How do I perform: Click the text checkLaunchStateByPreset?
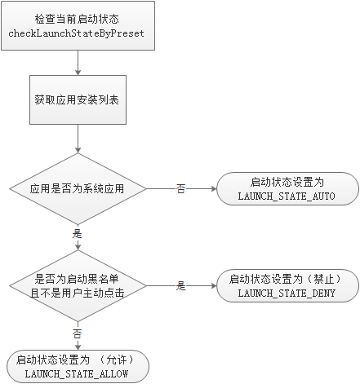coord(78,32)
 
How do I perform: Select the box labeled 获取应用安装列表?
coord(78,100)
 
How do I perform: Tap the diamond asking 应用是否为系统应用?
coord(78,188)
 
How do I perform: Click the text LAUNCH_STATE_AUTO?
coord(287,197)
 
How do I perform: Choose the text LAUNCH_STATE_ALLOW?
coord(78,373)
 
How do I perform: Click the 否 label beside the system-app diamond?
coord(180,188)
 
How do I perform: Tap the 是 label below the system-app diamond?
coord(78,233)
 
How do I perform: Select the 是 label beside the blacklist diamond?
coord(180,285)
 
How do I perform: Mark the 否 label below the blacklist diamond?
coord(78,333)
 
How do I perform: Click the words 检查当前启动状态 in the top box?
coord(78,18)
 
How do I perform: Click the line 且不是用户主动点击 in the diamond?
coord(79,292)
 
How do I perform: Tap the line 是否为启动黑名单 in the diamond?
coord(79,278)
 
